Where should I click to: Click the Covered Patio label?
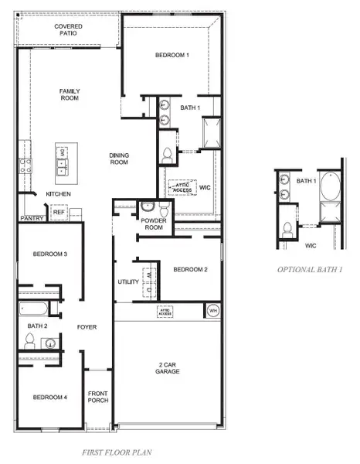69,30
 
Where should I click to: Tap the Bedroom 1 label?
172,55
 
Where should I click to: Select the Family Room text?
70,95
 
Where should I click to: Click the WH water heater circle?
213,311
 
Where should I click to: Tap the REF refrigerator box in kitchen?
59,211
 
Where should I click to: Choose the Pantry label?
32,219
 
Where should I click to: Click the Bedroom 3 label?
49,254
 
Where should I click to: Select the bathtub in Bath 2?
35,310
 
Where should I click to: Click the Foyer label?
87,327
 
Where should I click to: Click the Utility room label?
127,282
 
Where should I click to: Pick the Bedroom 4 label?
49,397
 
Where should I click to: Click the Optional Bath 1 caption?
310,270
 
